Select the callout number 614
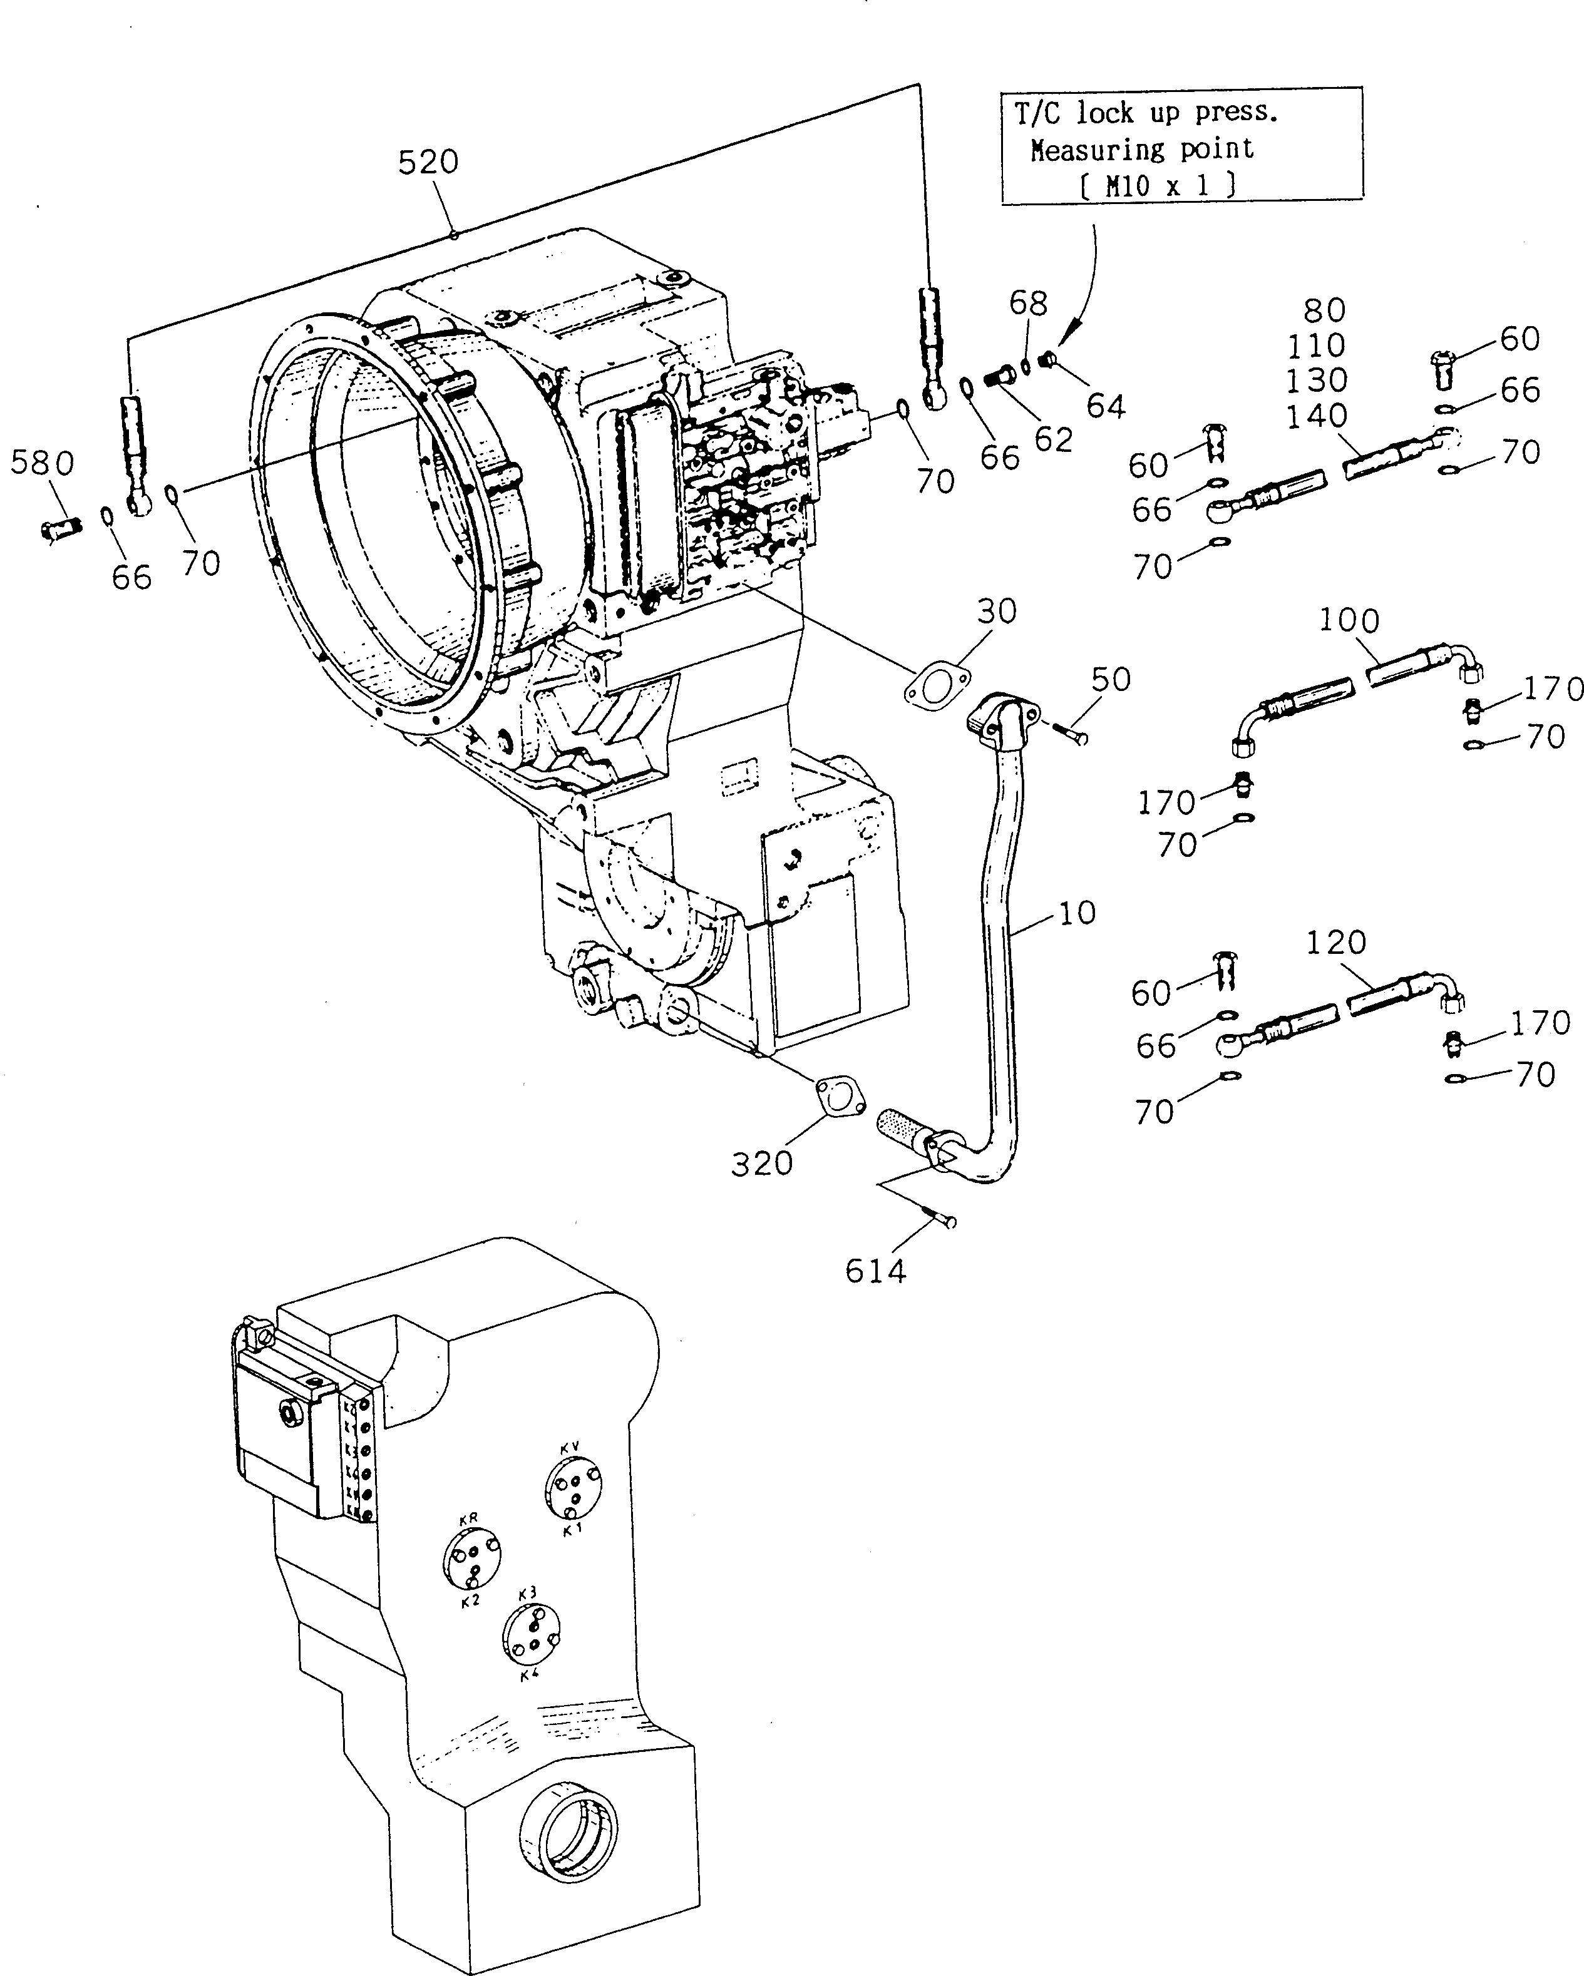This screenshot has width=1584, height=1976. pyautogui.click(x=875, y=1271)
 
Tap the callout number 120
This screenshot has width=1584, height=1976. pyautogui.click(x=1335, y=941)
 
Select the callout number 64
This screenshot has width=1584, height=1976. pyautogui.click(x=1106, y=406)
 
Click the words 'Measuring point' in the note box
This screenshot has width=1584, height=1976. pyautogui.click(x=1141, y=150)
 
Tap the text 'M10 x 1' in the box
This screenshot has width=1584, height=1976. pyautogui.click(x=1158, y=186)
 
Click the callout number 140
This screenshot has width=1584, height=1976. pyautogui.click(x=1316, y=416)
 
